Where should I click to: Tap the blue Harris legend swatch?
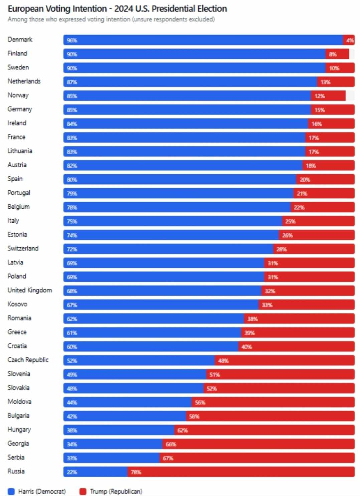click(11, 491)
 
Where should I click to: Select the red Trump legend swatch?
click(83, 491)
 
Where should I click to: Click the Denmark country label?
click(20, 39)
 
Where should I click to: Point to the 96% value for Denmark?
click(72, 40)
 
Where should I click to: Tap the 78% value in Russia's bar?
click(136, 472)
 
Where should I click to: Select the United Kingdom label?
click(30, 290)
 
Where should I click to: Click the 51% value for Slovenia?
click(214, 375)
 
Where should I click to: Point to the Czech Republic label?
click(28, 360)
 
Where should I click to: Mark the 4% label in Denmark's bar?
click(350, 40)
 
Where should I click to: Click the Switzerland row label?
click(23, 248)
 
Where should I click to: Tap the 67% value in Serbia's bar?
click(168, 458)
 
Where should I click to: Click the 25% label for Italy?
click(290, 221)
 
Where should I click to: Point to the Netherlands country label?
click(24, 81)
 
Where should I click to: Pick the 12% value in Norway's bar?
click(320, 96)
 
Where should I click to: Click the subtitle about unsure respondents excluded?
click(111, 19)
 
